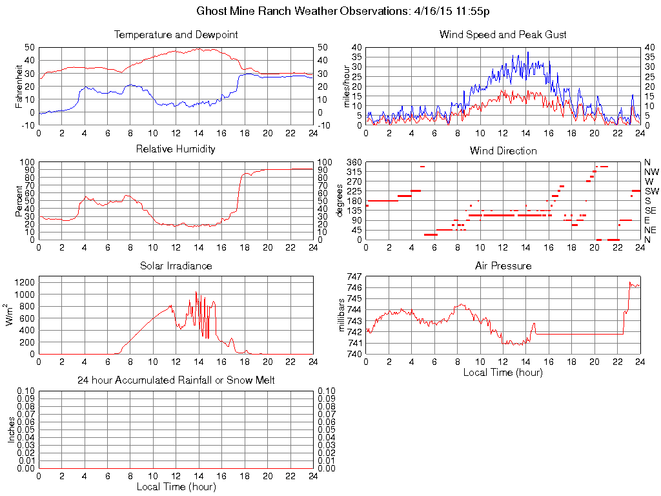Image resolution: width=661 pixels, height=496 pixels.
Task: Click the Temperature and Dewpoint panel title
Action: (176, 34)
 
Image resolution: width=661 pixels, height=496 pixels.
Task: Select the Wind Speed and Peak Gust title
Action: (503, 34)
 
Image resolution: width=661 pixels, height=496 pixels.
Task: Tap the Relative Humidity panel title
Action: (176, 149)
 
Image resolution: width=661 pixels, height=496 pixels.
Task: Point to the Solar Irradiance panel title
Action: (176, 265)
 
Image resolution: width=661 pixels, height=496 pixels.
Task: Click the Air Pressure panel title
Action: (503, 265)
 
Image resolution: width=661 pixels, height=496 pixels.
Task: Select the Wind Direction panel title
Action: (503, 150)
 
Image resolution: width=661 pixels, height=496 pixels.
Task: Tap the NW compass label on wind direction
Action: (651, 172)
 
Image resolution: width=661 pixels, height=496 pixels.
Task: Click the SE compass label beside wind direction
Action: (651, 211)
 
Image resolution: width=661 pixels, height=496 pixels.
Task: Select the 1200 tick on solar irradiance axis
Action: (24, 282)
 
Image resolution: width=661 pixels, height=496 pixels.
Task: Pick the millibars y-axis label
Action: (342, 315)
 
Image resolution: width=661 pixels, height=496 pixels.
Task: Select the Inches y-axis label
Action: (11, 429)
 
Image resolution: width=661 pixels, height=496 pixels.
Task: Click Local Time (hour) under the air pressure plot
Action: (503, 372)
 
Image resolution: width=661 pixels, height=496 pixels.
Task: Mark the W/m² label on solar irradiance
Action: (10, 315)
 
